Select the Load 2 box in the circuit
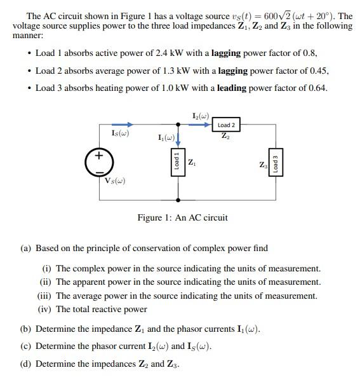pyautogui.click(x=226, y=125)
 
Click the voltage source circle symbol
pyautogui.click(x=99, y=163)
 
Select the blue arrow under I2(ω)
pyautogui.click(x=200, y=125)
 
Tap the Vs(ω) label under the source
pyautogui.click(x=115, y=181)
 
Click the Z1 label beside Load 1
pyautogui.click(x=192, y=164)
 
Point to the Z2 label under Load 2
pyautogui.click(x=226, y=136)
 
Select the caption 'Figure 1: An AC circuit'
pyautogui.click(x=182, y=218)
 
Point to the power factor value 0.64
pyautogui.click(x=317, y=88)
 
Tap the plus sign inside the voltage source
pyautogui.click(x=99, y=156)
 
